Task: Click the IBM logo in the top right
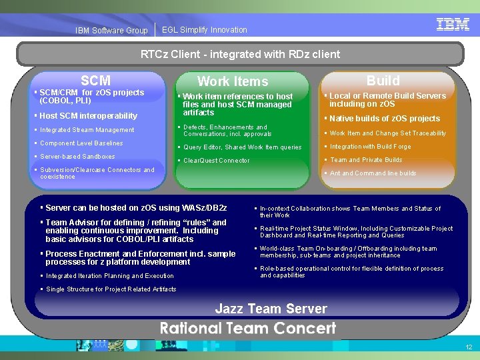453,25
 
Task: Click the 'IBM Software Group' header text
111,31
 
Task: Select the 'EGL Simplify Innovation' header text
204,30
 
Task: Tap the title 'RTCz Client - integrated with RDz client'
240,54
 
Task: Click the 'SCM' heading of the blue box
95,81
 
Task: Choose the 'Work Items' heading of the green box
233,81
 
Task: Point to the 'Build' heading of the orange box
383,81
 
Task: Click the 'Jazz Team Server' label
271,308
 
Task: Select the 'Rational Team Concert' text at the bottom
247,328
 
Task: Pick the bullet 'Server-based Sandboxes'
77,157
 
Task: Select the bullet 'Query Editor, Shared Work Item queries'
242,147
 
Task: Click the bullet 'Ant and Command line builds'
373,173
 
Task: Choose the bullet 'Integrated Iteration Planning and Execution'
109,276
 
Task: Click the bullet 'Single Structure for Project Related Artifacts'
111,289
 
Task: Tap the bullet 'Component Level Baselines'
81,143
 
